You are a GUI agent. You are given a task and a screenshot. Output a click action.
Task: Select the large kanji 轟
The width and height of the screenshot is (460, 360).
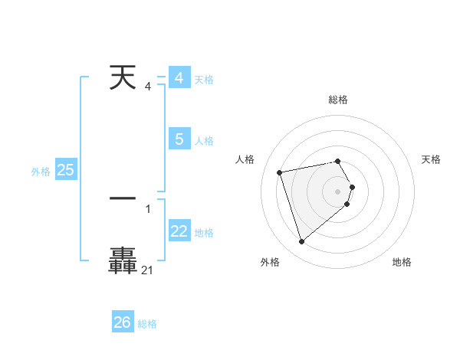coord(123,260)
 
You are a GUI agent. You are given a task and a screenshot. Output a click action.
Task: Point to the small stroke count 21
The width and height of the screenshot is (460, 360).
coord(148,270)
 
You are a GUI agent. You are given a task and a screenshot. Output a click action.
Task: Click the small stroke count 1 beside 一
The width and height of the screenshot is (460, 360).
coord(148,208)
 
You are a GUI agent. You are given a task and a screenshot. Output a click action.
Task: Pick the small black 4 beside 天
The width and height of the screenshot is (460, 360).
coord(148,86)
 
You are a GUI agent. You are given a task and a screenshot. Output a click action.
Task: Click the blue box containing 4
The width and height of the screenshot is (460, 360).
coord(179,78)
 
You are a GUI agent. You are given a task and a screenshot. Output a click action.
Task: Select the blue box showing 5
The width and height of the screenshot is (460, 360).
coord(179,139)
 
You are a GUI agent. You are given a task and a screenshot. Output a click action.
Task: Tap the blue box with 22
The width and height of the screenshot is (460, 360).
coord(179,231)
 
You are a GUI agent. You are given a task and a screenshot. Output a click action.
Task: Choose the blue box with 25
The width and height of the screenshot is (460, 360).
coord(65,170)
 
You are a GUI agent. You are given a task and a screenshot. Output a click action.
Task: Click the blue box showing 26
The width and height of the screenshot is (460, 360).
coord(123,322)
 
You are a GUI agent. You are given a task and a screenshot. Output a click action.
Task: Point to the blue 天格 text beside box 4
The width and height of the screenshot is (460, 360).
coord(204,80)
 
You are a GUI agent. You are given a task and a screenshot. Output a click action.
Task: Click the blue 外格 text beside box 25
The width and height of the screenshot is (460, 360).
coord(41,172)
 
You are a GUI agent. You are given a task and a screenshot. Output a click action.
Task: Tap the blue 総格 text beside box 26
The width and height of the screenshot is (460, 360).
coord(147,324)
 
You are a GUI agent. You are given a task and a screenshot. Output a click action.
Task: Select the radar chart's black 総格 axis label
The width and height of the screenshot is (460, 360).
coord(338,100)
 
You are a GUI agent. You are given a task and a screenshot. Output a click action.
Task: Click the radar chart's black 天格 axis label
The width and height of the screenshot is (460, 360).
coord(432,159)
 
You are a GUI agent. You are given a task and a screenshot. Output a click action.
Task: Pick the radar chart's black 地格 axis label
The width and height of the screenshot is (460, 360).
coord(402,262)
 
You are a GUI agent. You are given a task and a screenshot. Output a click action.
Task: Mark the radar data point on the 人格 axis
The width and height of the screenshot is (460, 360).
coord(280,172)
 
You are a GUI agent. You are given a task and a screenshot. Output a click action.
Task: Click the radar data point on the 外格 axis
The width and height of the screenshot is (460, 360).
coord(302,241)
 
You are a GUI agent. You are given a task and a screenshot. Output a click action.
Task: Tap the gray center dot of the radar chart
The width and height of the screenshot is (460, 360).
coord(338,190)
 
